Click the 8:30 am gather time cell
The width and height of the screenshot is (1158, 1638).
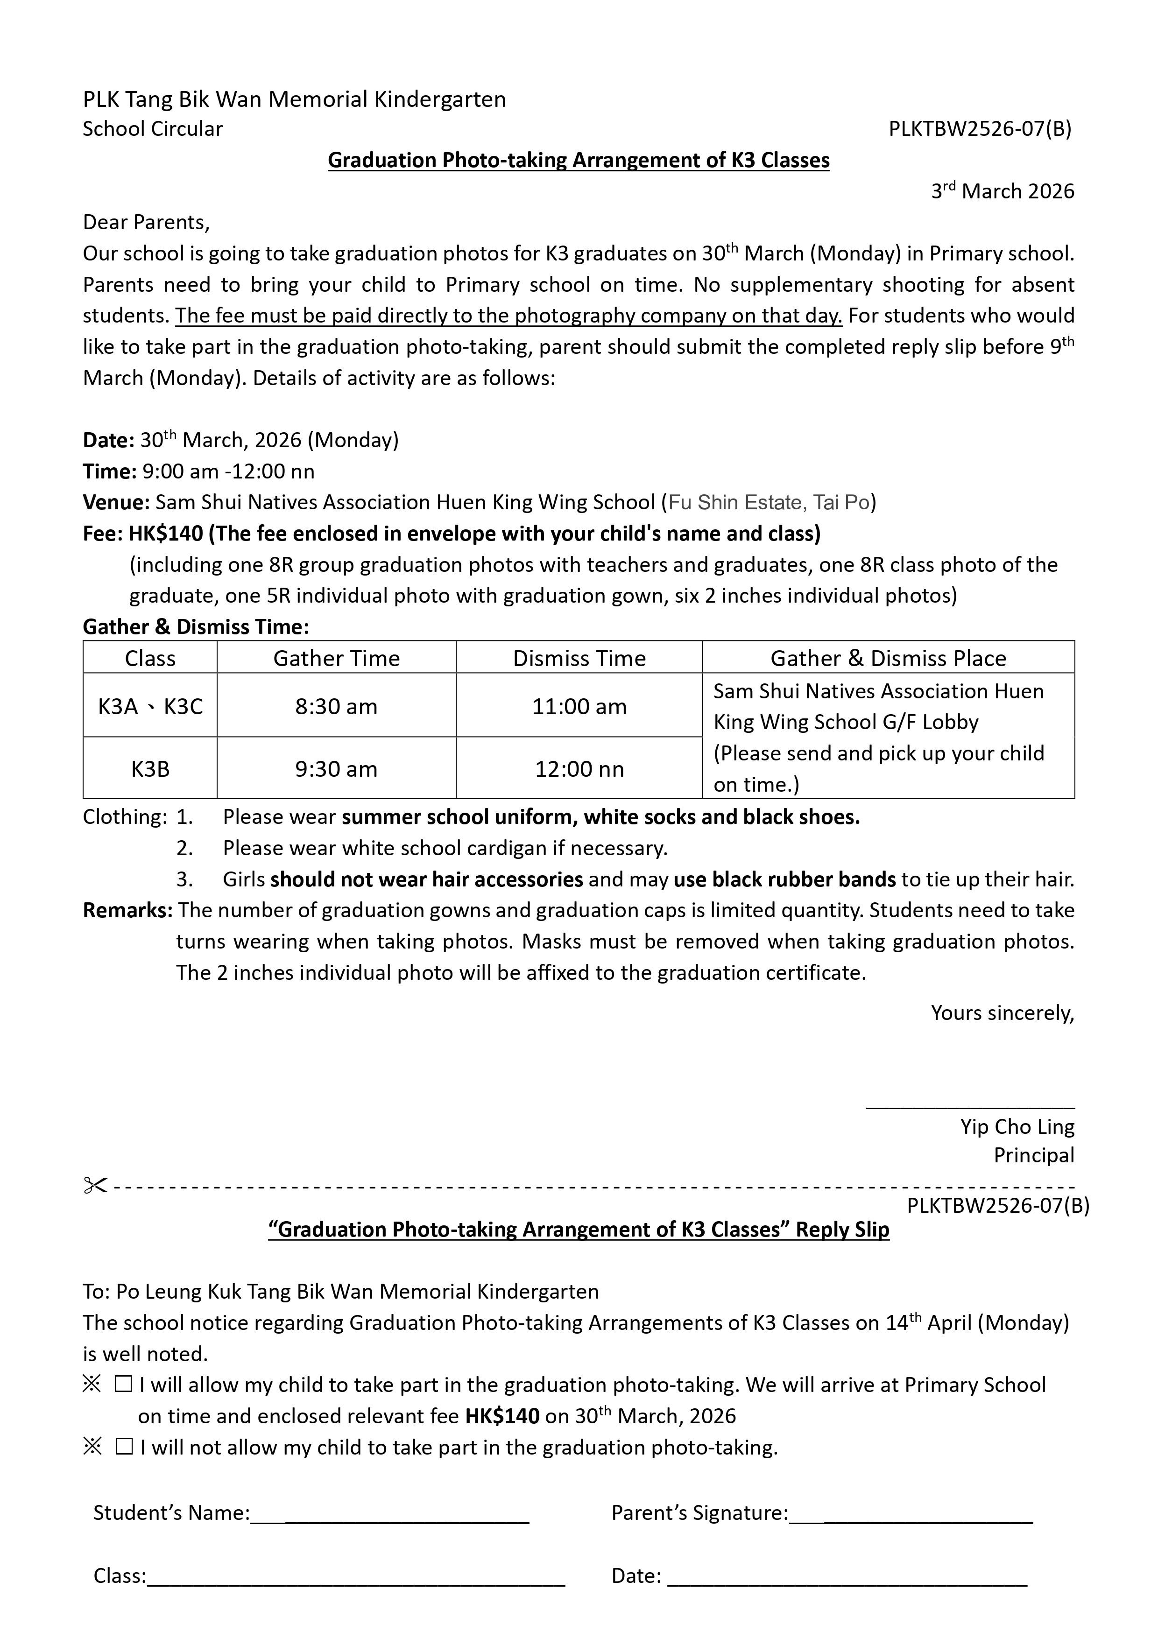coord(336,706)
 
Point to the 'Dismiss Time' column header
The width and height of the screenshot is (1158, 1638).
coord(579,658)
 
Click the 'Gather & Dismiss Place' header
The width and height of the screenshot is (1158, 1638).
coord(888,658)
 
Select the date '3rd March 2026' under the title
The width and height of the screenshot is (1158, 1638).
coord(1002,191)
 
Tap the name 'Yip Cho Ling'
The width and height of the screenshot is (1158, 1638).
coord(1017,1126)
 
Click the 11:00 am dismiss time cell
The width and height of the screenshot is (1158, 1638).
coord(579,706)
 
